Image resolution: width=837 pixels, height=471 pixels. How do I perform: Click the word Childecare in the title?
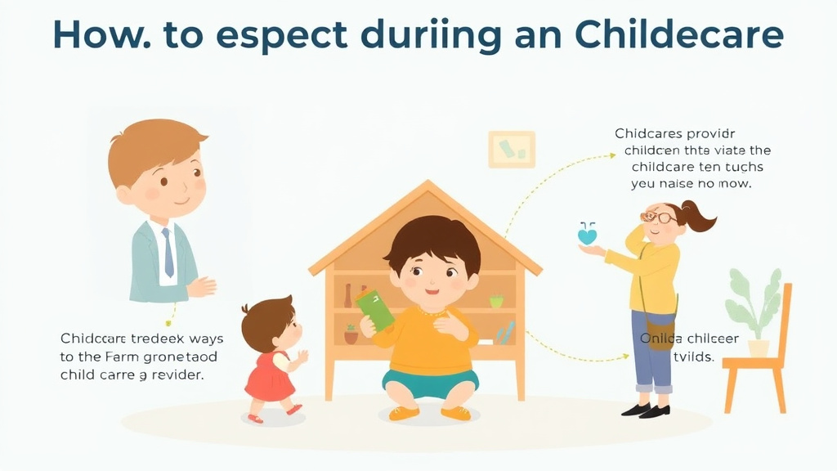point(679,35)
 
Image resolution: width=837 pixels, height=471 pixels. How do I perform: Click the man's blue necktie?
point(167,252)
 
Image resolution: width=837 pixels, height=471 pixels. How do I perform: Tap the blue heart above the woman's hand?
point(587,235)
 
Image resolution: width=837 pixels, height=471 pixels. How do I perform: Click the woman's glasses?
point(658,218)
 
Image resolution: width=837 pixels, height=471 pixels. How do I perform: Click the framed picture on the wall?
point(512,150)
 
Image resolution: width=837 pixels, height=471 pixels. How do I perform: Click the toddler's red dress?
point(270,377)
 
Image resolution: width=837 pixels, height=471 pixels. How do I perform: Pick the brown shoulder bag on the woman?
point(660,333)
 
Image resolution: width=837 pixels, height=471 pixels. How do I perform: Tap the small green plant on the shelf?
point(495,300)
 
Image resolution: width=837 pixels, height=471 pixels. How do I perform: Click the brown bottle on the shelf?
point(347,295)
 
